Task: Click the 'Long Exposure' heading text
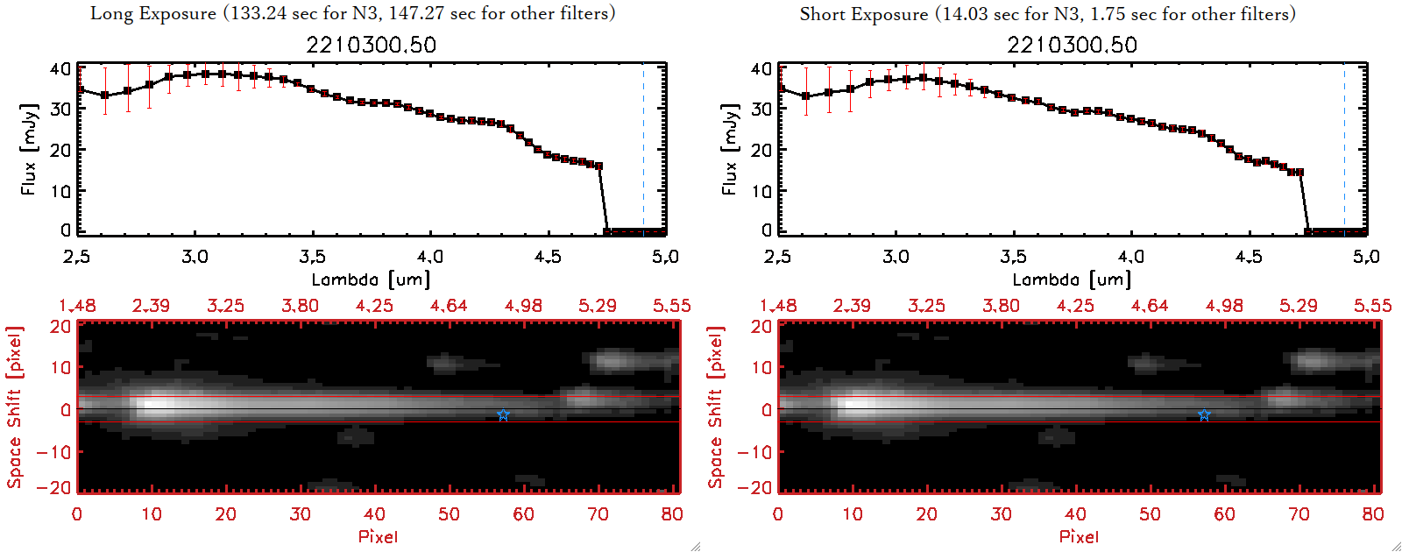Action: click(153, 13)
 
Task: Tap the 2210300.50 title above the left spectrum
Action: click(371, 45)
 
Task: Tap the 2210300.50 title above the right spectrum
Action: click(1072, 45)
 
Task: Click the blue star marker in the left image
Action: click(503, 415)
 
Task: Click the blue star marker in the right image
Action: click(1204, 415)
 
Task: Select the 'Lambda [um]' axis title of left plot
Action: click(371, 280)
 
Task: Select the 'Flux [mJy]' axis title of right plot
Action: click(729, 149)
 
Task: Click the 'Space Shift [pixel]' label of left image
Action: click(14, 407)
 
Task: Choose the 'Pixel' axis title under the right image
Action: click(1079, 536)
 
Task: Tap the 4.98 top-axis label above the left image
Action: click(523, 306)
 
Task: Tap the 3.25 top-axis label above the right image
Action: click(926, 306)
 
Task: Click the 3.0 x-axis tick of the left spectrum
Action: click(195, 257)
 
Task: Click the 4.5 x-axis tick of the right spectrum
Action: click(1249, 257)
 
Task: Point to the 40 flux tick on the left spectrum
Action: click(60, 68)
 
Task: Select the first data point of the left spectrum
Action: click(81, 90)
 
